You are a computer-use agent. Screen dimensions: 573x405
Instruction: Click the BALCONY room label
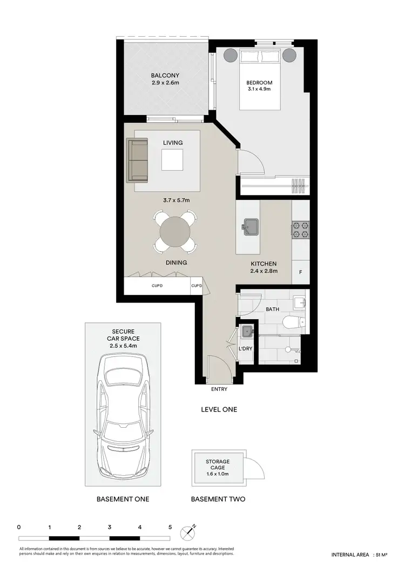pos(165,75)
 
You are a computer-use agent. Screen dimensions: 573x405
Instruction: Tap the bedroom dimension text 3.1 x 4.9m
pos(259,90)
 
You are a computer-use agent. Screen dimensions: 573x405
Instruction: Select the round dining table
pos(174,232)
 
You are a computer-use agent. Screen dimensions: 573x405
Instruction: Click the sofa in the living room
pos(137,160)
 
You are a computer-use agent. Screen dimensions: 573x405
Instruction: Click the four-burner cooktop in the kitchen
pos(300,230)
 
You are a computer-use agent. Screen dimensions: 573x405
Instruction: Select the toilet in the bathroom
pos(294,323)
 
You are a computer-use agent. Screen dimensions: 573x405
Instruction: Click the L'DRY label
pos(246,349)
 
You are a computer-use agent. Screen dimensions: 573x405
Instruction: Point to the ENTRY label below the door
pos(219,389)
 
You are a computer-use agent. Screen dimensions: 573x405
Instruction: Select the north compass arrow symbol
pos(189,532)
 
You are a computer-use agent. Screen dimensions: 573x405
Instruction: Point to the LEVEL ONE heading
pos(219,409)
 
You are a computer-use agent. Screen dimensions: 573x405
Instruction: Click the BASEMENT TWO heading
pos(218,499)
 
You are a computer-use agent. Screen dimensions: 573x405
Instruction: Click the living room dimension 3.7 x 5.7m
pos(172,200)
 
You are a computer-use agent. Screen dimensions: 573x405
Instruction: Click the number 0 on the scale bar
pos(19,527)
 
